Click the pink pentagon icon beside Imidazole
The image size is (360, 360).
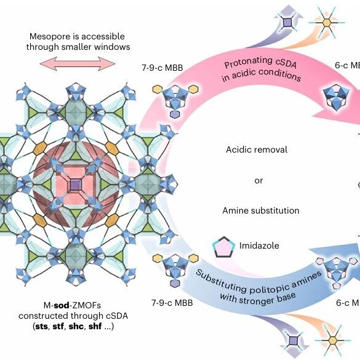223,247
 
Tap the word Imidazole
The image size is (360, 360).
259,246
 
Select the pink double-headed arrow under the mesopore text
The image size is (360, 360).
78,63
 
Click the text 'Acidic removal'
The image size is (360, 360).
257,150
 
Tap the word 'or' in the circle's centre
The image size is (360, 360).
258,181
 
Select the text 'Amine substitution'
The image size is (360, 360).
261,210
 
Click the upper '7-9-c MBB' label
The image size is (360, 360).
162,68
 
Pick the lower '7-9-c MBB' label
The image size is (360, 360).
172,303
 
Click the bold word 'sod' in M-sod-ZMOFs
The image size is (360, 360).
62,305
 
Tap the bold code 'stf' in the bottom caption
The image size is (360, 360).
58,326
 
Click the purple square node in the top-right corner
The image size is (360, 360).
287,22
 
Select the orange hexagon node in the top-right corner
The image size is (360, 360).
327,23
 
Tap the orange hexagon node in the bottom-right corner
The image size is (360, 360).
333,340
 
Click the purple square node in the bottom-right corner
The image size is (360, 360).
293,341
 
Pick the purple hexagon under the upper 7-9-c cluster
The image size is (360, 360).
175,114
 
